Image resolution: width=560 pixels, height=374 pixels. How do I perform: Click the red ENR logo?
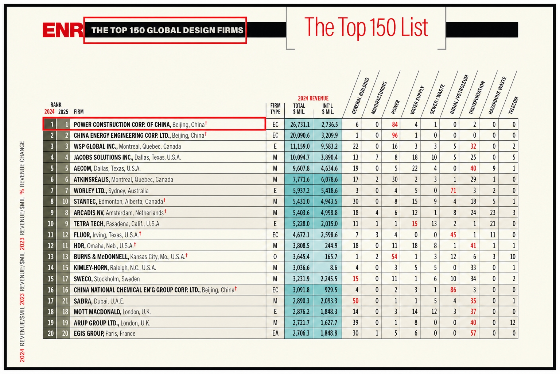coord(63,30)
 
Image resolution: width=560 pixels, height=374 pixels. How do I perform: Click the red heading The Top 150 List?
coord(366,27)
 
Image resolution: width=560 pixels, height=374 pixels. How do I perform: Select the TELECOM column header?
coord(513,105)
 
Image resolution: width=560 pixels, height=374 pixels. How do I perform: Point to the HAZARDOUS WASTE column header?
coord(498,95)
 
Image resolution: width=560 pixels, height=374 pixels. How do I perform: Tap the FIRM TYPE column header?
coord(275,109)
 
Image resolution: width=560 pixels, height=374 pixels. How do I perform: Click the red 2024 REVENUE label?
coord(313,98)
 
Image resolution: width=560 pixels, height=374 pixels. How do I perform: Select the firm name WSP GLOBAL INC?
coord(96,146)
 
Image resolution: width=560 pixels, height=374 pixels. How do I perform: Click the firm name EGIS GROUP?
coord(89,333)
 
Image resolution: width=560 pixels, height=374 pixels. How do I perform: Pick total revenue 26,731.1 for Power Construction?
coord(300,125)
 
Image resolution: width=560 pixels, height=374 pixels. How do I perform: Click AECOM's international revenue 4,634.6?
coord(329,168)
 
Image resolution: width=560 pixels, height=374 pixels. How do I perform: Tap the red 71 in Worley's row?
coord(453,191)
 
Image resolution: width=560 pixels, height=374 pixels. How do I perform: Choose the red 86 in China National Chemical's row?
coord(453,290)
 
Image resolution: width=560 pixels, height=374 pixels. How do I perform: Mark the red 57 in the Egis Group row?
coord(473,333)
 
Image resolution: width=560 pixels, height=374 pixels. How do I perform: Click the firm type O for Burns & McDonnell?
coord(275,257)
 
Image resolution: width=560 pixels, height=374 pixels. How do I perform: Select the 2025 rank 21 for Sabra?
coord(65,301)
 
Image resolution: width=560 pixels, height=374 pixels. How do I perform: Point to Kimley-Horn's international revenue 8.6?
coord(334,268)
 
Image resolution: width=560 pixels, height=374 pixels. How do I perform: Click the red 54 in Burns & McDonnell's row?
coord(394,257)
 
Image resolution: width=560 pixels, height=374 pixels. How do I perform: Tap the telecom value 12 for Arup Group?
coord(513,323)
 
